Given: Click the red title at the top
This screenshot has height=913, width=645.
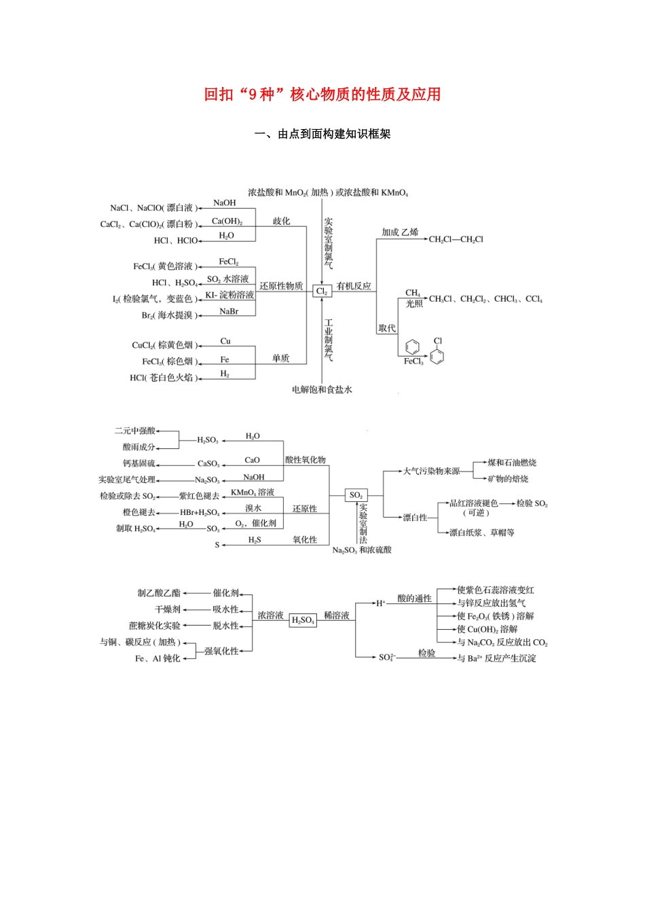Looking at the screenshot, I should [322, 94].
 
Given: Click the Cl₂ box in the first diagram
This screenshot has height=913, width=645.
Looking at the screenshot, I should [322, 291].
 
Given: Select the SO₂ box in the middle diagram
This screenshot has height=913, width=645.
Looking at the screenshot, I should [356, 495].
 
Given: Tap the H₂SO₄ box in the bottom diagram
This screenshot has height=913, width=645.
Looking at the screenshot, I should [303, 620].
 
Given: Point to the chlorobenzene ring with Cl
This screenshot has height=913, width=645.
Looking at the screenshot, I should [437, 354].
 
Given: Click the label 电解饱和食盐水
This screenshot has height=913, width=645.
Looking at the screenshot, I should [322, 390].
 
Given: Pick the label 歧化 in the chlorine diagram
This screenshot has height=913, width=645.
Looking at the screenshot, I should [282, 221].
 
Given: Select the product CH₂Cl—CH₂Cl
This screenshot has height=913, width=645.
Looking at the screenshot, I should [456, 239].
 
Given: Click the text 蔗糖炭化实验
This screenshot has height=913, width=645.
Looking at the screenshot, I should [155, 626].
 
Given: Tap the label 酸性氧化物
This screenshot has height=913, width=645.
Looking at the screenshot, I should [306, 460].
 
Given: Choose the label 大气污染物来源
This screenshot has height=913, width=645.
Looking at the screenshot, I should [432, 471].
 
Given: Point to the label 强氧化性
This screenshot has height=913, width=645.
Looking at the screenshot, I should [221, 651].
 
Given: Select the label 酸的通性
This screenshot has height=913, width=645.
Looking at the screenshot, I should [414, 598].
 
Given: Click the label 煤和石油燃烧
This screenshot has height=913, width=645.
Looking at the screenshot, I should [512, 463].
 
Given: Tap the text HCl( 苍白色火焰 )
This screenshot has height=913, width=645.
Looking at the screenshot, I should [164, 378].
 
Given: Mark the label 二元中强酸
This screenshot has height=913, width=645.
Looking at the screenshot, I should [135, 431].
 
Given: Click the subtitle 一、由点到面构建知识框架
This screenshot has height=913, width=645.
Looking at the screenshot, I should [322, 134].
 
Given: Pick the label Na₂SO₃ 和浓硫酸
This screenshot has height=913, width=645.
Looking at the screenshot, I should [362, 550].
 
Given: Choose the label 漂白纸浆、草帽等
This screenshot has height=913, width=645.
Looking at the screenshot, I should [482, 533].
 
